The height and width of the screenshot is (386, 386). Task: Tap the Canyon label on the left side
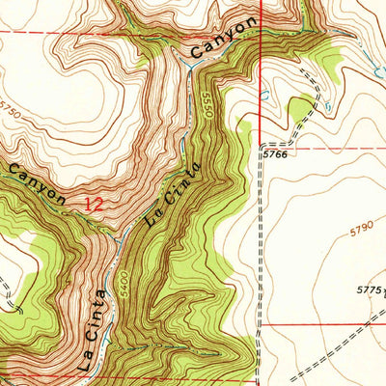point(39,183)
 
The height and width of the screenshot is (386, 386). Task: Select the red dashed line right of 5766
point(328,150)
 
